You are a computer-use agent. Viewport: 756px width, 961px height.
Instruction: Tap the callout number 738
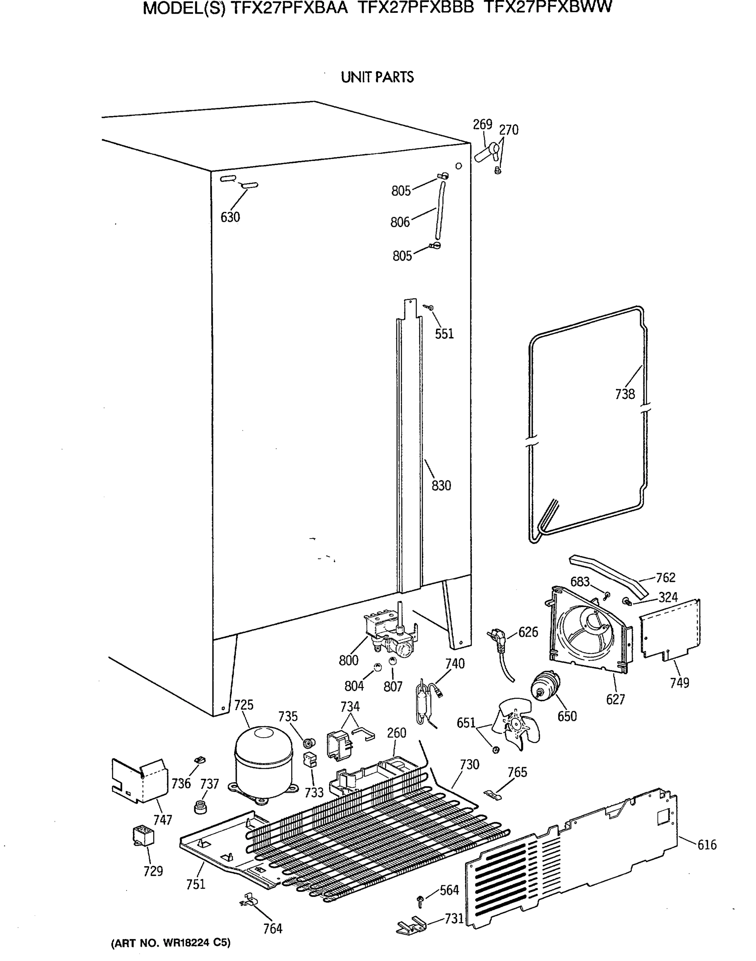pyautogui.click(x=625, y=394)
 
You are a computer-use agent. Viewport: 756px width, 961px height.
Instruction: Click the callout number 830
pyautogui.click(x=441, y=486)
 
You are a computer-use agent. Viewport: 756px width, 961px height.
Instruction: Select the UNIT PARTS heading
pyautogui.click(x=377, y=77)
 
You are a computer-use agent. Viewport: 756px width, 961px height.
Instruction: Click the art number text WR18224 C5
pyautogui.click(x=171, y=943)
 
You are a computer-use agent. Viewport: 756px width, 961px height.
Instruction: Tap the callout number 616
pyautogui.click(x=707, y=845)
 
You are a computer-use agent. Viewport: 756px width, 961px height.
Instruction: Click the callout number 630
pyautogui.click(x=230, y=217)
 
